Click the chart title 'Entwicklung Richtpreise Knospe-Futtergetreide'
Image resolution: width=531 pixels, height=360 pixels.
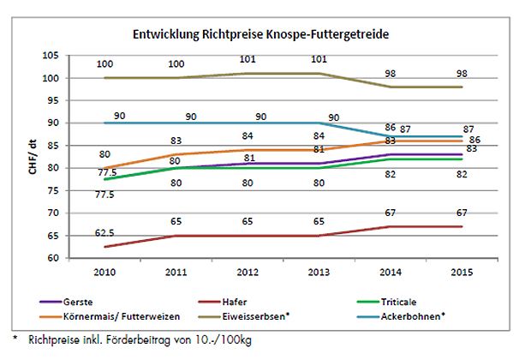266,37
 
